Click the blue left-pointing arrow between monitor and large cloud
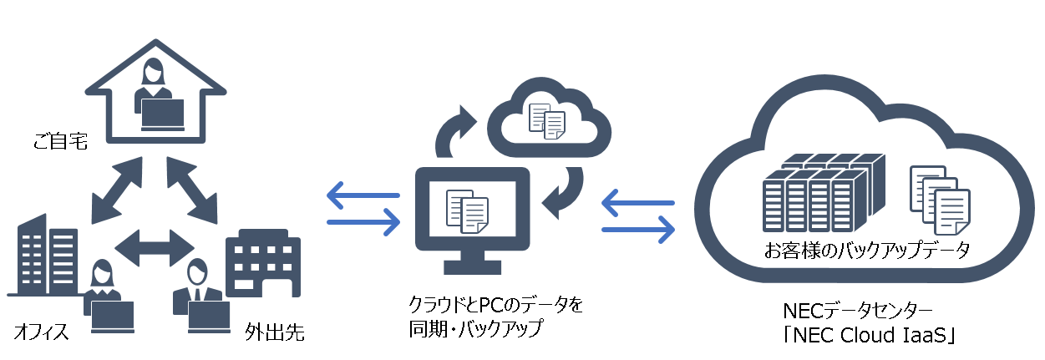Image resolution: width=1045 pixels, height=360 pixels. [637, 202]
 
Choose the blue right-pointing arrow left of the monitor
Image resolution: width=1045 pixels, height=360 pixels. [363, 222]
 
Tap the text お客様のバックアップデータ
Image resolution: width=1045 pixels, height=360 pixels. [867, 250]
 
